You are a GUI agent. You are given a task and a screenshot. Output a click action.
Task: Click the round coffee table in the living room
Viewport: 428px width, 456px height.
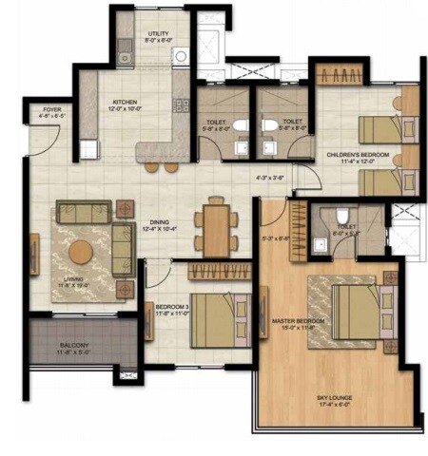click(81, 252)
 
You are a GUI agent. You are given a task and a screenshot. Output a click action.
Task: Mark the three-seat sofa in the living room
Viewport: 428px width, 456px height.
click(81, 211)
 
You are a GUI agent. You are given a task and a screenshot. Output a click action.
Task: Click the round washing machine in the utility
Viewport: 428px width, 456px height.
click(181, 56)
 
